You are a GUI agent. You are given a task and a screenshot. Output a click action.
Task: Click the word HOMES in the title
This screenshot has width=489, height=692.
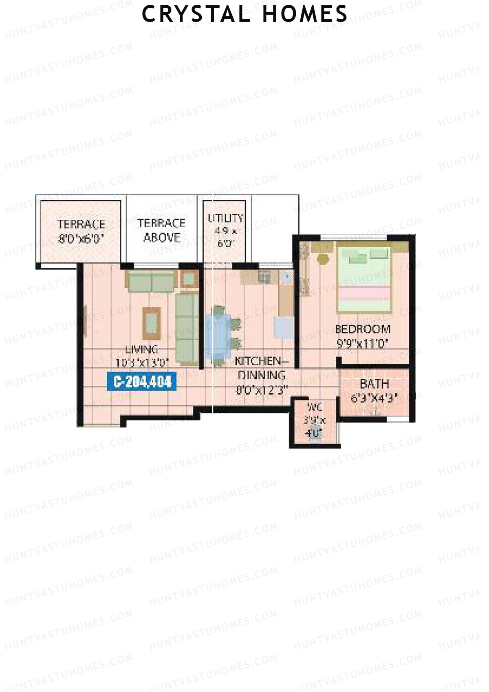point(305,14)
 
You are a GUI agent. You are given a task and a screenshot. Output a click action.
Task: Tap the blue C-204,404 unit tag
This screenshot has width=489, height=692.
point(143,382)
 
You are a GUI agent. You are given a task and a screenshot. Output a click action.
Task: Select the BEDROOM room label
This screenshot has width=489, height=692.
point(363,329)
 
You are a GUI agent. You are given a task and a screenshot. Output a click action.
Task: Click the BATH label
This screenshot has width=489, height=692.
point(374,384)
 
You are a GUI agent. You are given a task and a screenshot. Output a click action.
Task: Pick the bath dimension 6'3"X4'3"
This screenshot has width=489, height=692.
point(374,398)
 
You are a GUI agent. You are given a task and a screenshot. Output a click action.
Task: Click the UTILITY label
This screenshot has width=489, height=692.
point(225,218)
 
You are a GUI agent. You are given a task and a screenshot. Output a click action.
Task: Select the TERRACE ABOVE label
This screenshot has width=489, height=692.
point(161,230)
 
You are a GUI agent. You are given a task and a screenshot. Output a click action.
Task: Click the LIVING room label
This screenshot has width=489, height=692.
point(141,349)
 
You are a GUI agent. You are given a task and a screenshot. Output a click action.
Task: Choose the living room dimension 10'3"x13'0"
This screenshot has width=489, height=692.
point(142,363)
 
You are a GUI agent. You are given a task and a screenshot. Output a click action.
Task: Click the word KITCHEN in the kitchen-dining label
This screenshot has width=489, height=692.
point(258,361)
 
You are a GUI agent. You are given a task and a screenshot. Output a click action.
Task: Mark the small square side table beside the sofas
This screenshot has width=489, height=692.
point(189,279)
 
